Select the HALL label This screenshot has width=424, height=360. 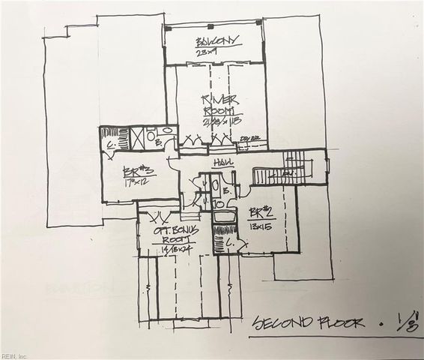tap(221, 162)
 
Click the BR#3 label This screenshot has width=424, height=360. tap(124, 169)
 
